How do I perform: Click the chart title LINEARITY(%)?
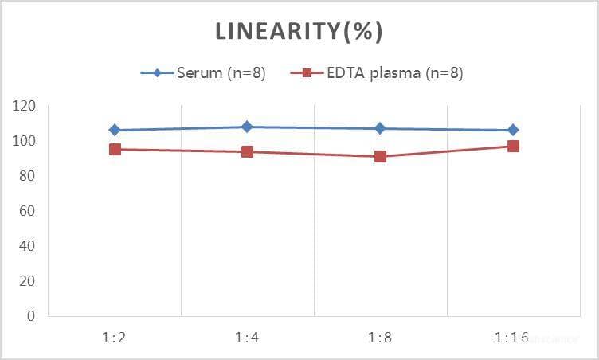(x=299, y=32)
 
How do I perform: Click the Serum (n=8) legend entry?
(x=203, y=73)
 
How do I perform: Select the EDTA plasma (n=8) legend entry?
(x=375, y=73)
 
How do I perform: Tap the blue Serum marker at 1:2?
(x=115, y=130)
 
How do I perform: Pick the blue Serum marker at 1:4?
(x=248, y=127)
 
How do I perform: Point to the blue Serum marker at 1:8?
(x=381, y=128)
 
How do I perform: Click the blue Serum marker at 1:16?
(x=513, y=130)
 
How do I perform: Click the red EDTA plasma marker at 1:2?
(x=115, y=149)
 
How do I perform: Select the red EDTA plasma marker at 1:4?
(x=248, y=151)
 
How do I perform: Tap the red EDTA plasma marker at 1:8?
(x=381, y=156)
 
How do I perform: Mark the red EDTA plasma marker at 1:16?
(x=513, y=146)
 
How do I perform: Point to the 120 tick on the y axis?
(x=25, y=106)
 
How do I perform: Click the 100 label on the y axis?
(x=25, y=141)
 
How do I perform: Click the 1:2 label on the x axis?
(x=115, y=338)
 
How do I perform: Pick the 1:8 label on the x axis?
(x=381, y=338)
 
